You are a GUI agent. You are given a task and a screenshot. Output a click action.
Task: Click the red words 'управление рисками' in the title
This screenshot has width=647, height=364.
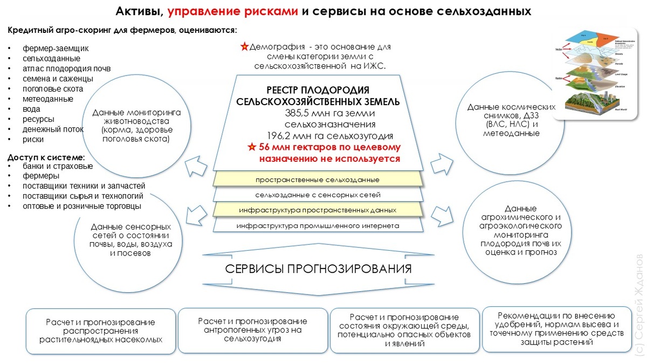pos(232,11)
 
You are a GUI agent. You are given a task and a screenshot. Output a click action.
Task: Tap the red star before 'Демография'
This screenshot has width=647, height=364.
pos(245,47)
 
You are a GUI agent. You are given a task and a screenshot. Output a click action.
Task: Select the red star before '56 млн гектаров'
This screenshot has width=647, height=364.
pos(251,147)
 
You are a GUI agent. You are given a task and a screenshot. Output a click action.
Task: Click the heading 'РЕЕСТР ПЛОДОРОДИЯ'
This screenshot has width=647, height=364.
pos(318,90)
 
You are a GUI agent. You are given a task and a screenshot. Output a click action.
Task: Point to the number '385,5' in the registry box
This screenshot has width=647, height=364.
pos(299,113)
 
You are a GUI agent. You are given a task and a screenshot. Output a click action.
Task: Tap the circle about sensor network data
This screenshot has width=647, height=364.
pos(130,240)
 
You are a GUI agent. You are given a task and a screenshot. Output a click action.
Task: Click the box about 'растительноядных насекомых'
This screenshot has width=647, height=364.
pos(101,331)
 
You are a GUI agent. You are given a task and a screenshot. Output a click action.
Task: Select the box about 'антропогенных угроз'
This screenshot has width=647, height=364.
pos(253,330)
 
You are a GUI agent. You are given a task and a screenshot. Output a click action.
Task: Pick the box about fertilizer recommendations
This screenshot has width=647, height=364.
pos(556,329)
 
